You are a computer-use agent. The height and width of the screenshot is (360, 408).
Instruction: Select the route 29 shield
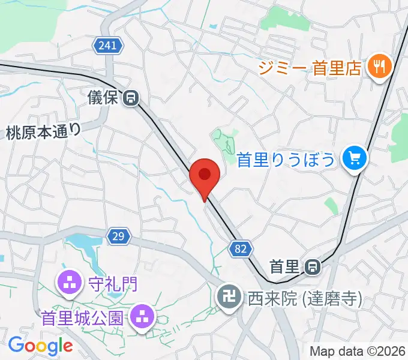[119, 236]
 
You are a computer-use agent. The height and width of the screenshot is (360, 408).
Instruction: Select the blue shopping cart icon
[355, 159]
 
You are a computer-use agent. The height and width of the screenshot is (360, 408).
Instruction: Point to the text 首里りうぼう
[286, 160]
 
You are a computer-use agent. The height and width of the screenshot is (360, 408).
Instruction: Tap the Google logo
[41, 346]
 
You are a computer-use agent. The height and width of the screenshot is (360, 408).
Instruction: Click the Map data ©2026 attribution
[358, 351]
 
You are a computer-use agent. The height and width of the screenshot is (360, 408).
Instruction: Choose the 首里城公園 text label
[83, 316]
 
